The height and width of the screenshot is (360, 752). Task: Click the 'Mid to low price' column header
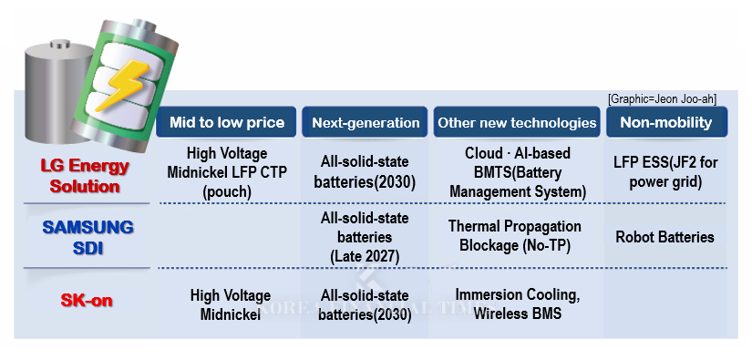coord(227,122)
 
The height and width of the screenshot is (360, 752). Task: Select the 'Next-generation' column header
coord(366,122)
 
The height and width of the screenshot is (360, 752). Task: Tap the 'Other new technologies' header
coord(516,122)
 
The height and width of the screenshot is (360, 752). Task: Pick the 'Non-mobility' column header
coord(666,122)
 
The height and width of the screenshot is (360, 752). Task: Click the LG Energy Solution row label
coord(85,176)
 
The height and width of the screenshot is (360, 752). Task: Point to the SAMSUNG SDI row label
coord(88,236)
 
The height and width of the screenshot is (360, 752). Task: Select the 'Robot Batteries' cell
coord(664,237)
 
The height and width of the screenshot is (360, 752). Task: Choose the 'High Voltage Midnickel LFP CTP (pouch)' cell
coord(230,171)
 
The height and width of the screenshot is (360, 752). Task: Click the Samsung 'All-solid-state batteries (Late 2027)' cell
coord(365,237)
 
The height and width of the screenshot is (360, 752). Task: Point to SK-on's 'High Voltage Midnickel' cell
coord(230,304)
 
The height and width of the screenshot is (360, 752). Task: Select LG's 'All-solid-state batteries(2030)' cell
coord(365,171)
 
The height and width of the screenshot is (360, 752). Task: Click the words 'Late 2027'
coord(365,256)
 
